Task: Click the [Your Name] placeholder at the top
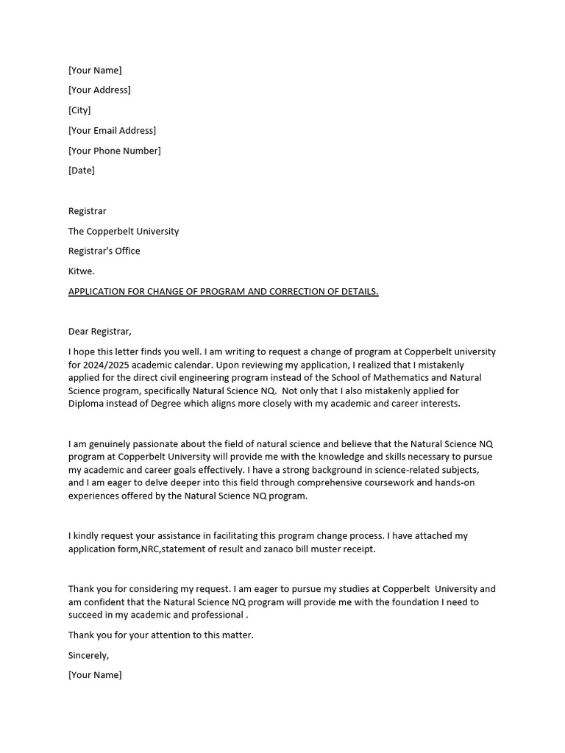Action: pyautogui.click(x=95, y=71)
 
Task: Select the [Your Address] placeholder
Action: pyautogui.click(x=99, y=90)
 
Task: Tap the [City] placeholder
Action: pyautogui.click(x=79, y=110)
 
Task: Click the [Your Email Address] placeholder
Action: pyautogui.click(x=112, y=130)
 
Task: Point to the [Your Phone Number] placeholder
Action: pyautogui.click(x=114, y=151)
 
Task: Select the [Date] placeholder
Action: pyautogui.click(x=82, y=171)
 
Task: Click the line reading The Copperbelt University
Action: pyautogui.click(x=124, y=231)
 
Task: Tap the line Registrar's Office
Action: pyautogui.click(x=104, y=251)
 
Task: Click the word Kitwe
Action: pyautogui.click(x=82, y=271)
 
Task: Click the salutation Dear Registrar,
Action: pyautogui.click(x=100, y=332)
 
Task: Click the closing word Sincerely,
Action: pyautogui.click(x=88, y=655)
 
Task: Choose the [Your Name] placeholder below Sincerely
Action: pyautogui.click(x=95, y=675)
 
